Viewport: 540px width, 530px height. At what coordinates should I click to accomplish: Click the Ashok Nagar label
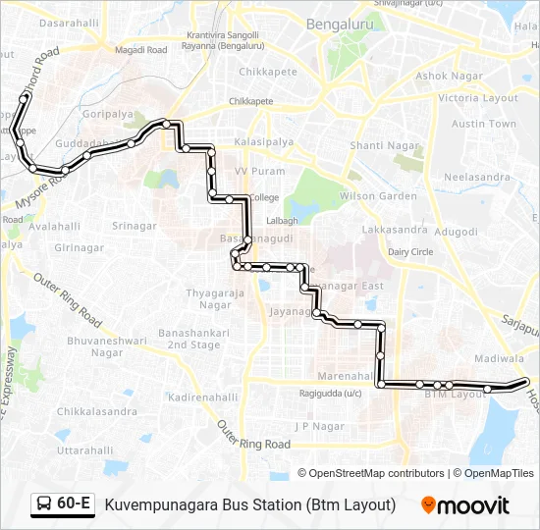tap(446, 76)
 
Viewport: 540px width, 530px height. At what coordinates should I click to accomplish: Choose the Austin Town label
tap(483, 125)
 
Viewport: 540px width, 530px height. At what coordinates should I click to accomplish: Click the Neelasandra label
tap(477, 177)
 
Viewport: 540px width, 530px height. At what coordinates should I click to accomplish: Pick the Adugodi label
tap(456, 231)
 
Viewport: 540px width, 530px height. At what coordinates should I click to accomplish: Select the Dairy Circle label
tap(410, 252)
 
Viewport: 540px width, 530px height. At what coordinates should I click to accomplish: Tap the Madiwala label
tap(498, 359)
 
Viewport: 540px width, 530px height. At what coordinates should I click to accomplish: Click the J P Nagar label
tap(320, 426)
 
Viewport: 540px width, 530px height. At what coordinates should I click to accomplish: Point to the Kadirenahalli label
tap(203, 397)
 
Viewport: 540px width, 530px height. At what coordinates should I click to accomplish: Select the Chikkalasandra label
tap(96, 410)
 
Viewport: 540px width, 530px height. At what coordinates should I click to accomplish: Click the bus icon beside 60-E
tap(45, 504)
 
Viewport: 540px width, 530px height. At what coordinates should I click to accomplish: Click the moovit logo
tap(465, 504)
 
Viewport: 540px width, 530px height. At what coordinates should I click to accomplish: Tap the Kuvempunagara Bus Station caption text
tap(249, 504)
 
